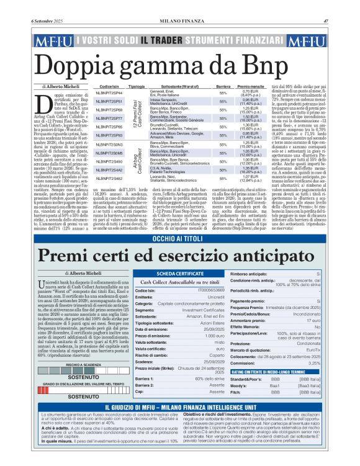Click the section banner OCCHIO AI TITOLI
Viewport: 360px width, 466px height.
pyautogui.click(x=180, y=220)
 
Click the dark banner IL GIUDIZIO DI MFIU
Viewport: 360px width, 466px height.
pyautogui.click(x=180, y=405)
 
